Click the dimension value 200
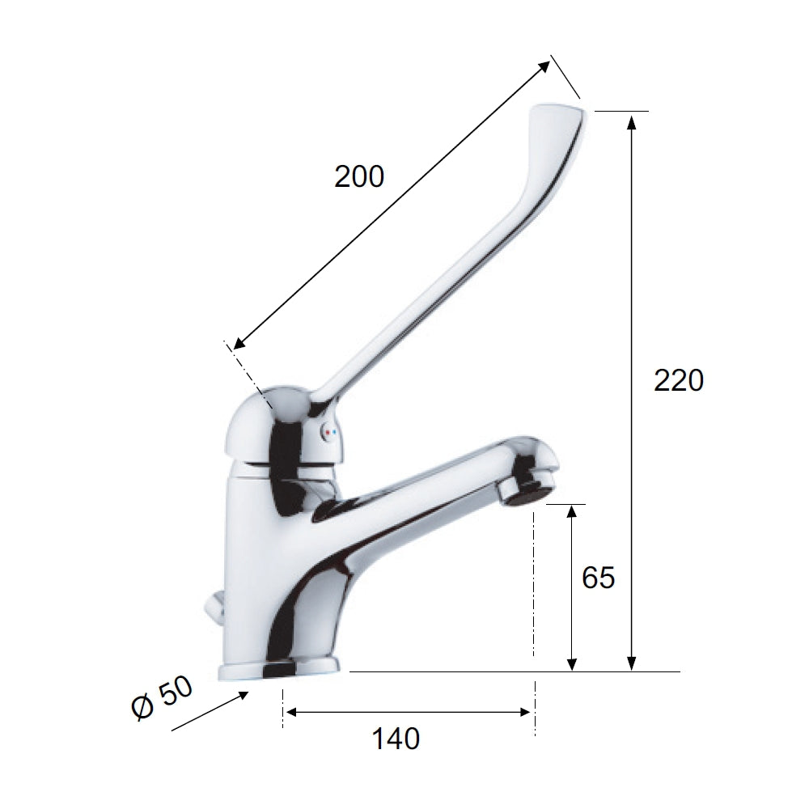[x=359, y=177]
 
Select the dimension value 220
[x=680, y=380]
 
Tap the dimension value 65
[x=599, y=578]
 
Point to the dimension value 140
[x=396, y=739]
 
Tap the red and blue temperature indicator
[x=328, y=434]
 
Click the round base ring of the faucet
[x=280, y=670]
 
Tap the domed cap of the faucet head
[x=259, y=421]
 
